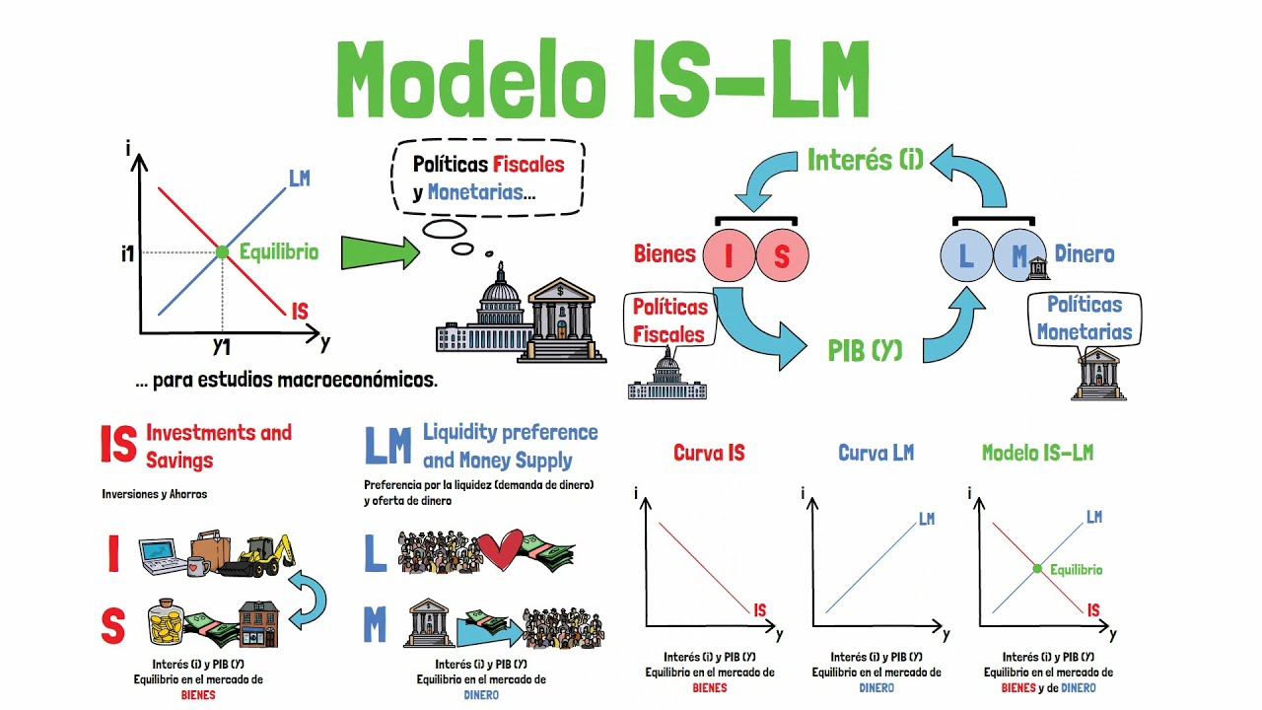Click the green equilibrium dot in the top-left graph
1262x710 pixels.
click(x=222, y=252)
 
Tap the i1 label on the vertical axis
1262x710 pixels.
click(x=127, y=253)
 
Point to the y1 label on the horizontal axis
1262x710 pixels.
click(x=222, y=346)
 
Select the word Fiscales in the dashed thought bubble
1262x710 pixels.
click(x=528, y=165)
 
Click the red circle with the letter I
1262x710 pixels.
click(x=729, y=255)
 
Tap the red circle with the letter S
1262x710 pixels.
click(x=782, y=255)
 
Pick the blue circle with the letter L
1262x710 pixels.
click(x=966, y=256)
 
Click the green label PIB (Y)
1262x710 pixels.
click(x=865, y=350)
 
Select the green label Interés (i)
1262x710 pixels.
click(x=865, y=160)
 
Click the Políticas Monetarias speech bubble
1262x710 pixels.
click(x=1084, y=319)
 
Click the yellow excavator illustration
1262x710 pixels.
click(x=258, y=554)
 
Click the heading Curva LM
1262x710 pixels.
click(x=876, y=453)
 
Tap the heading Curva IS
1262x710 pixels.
click(x=709, y=453)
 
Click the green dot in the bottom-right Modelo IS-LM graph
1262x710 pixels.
click(x=1037, y=568)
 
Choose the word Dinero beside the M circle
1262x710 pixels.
click(x=1085, y=254)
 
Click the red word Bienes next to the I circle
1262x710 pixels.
click(x=665, y=254)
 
